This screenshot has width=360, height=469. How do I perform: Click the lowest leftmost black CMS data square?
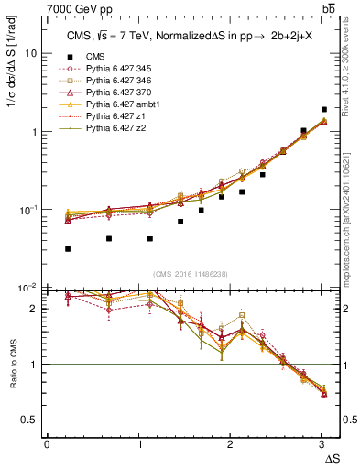click(x=69, y=248)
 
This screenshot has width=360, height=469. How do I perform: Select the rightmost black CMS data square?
click(x=323, y=110)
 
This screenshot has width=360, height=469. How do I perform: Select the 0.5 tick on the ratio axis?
click(x=28, y=419)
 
